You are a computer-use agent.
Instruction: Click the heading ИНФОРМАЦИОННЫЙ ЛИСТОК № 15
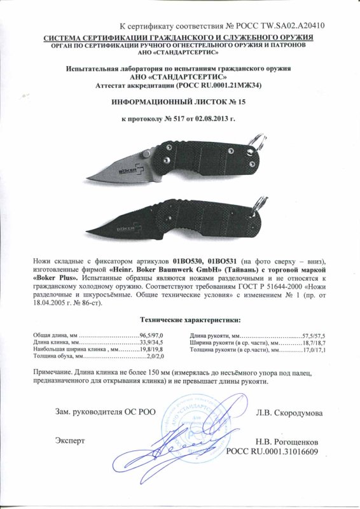(x=179, y=102)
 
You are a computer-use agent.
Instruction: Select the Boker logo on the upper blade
(x=131, y=169)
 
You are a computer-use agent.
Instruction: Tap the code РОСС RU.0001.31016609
(x=273, y=450)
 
